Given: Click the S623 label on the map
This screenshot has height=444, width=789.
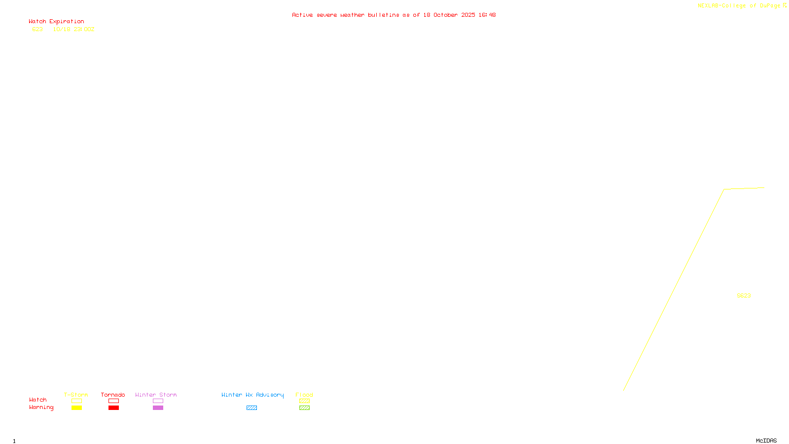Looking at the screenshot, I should pos(744,296).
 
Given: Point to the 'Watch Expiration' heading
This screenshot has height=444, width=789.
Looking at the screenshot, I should pos(56,22).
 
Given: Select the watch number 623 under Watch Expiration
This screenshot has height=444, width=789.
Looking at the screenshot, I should pos(37,29).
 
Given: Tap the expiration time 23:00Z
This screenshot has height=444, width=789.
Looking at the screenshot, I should pos(84,29).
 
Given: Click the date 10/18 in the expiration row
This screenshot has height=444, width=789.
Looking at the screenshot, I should pos(62,29).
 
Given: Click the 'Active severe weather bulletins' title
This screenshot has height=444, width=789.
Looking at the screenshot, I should pos(394,15).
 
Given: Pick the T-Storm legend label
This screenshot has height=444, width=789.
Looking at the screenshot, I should pos(76,395).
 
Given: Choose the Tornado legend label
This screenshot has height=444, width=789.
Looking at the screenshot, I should pos(113,395).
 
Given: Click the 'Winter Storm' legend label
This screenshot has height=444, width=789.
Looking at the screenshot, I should pos(156,395).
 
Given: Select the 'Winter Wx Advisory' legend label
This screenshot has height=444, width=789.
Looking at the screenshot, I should pos(252,395).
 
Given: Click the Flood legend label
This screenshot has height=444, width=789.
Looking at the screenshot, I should pos(304,395).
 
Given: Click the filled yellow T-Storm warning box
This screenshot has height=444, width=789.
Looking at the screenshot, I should pos(76,408).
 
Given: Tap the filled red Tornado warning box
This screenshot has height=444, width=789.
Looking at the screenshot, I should pos(113,408).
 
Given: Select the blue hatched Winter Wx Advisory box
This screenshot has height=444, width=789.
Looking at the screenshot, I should pos(251,408).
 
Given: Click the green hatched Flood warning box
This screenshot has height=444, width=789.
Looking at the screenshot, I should pos(304,408).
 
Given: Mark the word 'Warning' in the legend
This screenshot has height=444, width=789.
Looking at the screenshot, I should pos(41,407).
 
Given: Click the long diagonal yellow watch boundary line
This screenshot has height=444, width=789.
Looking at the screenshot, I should pos(674,290).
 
